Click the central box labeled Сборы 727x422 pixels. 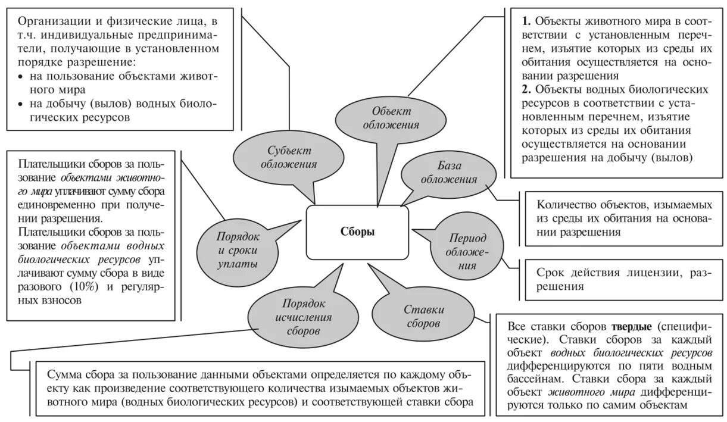[x=357, y=232]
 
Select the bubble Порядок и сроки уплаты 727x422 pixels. [x=237, y=249]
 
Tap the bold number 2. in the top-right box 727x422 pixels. [x=526, y=90]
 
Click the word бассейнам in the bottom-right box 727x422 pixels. [x=538, y=379]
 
